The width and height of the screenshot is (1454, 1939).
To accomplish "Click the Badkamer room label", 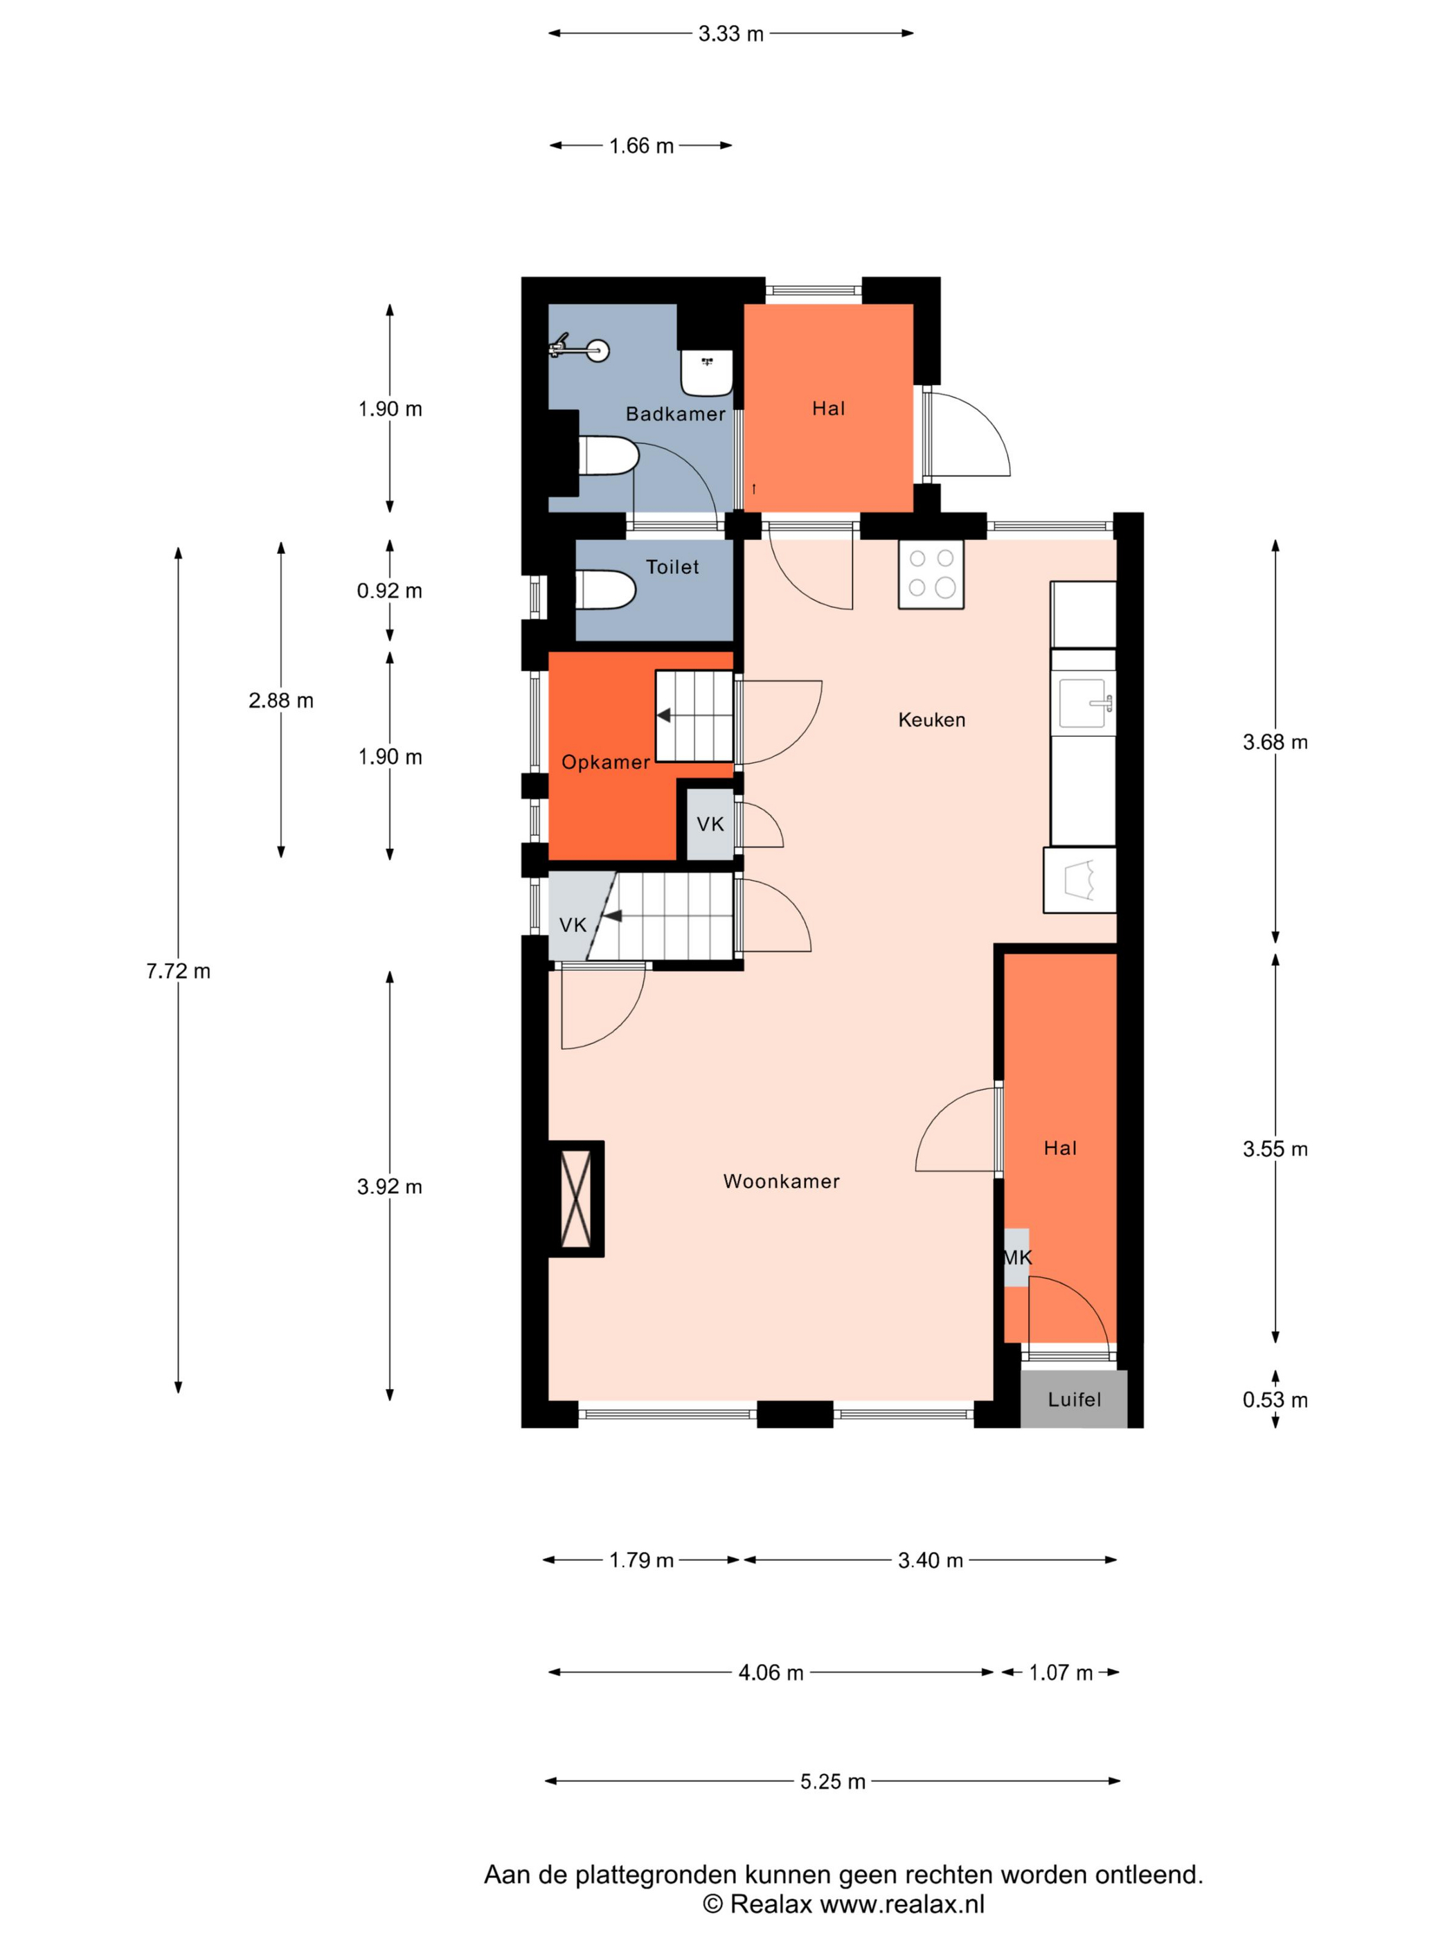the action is click(x=675, y=413).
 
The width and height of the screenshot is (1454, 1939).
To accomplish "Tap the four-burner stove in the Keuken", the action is click(x=931, y=573).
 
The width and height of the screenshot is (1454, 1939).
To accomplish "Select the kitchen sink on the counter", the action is click(x=1084, y=703).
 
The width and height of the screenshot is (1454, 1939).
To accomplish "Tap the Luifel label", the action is click(x=1074, y=1399).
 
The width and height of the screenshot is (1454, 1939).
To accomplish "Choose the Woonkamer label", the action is click(x=781, y=1181).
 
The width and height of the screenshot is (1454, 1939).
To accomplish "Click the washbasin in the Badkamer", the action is click(x=706, y=373).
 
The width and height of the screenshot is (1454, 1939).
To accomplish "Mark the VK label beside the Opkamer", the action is click(x=710, y=824).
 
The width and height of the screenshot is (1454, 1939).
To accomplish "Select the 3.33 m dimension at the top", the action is click(x=731, y=34).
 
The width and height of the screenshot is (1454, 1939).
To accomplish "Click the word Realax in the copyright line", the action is click(x=771, y=1903).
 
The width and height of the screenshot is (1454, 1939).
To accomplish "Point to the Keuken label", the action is click(x=932, y=720).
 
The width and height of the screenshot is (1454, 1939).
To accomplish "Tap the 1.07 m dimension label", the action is click(x=1061, y=1672).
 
